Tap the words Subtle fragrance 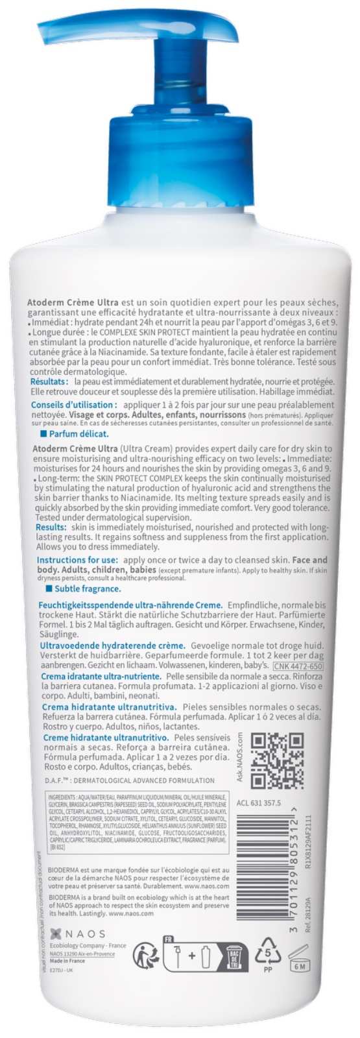tap(91, 588)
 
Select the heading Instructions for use tap(77, 559)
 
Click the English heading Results tap(49, 528)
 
